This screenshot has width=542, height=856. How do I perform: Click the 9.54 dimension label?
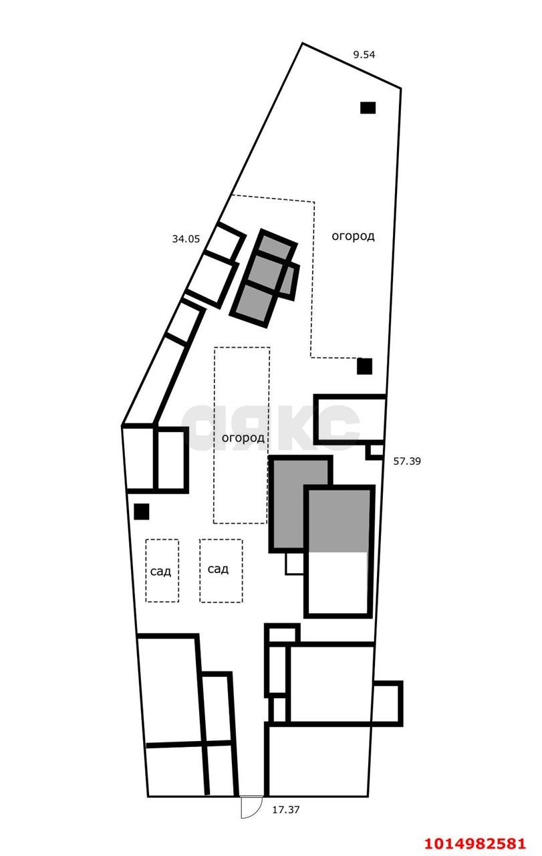[364, 55]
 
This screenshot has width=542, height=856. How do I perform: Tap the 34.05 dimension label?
[186, 239]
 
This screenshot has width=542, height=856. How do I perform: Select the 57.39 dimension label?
[407, 461]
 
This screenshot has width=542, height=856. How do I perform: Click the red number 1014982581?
[476, 843]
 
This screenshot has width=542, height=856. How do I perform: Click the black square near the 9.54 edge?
[368, 108]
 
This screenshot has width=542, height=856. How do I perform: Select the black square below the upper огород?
[364, 366]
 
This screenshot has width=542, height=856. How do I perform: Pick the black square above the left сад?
[141, 512]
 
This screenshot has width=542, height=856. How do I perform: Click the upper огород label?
[353, 236]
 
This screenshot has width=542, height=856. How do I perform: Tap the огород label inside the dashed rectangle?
[243, 437]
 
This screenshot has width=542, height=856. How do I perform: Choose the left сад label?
[160, 571]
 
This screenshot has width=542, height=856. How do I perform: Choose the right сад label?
[218, 569]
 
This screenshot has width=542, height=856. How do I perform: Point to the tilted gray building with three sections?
[264, 278]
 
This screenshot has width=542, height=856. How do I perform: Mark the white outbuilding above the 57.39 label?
[350, 419]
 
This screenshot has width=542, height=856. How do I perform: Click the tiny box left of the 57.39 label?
[375, 451]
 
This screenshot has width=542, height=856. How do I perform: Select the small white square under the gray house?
[295, 563]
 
